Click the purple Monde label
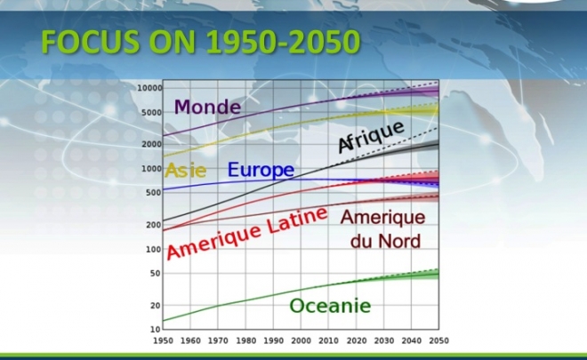pos(207,107)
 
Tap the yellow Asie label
pos(186,171)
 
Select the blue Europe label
pos(261,170)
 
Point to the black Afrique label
pos(372,137)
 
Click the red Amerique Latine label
pos(247,233)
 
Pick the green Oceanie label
pos(330,306)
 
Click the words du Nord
pos(386,242)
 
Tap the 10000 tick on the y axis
pos(149,88)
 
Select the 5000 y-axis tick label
pos(151,112)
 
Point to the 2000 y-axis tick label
pos(151,144)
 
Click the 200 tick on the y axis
pos(154,225)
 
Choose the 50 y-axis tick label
pos(156,273)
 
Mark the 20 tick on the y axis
pos(156,306)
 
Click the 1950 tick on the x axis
pos(164,340)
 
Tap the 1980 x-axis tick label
pos(246,340)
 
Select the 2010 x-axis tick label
pos(329,340)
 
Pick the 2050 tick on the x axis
pos(438,340)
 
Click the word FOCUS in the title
pos(91,42)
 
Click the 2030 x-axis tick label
pos(383,340)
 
